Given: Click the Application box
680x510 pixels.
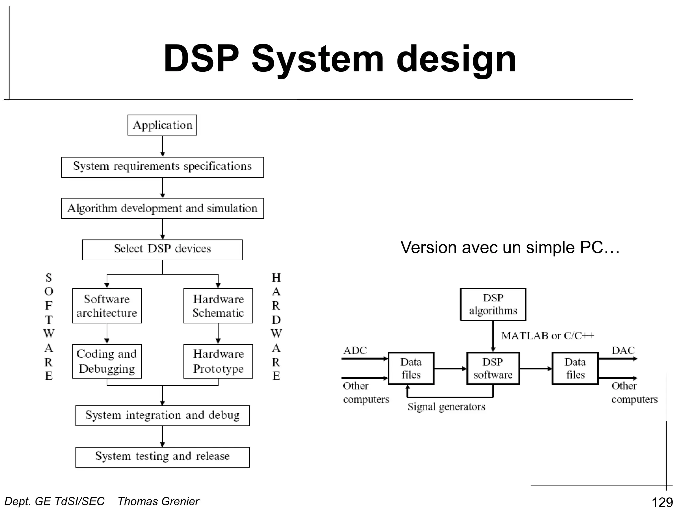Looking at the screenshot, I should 162,125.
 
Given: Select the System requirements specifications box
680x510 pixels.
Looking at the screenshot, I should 162,167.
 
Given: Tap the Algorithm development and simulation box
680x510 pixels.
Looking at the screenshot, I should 162,208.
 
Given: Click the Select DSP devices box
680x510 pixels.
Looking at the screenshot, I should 162,249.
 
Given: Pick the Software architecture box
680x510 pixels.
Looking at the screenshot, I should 107,305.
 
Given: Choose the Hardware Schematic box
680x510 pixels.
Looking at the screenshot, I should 218,305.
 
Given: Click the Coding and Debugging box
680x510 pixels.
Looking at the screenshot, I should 107,361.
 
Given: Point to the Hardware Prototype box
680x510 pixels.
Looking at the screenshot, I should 218,361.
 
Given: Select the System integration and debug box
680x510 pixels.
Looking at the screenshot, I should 162,415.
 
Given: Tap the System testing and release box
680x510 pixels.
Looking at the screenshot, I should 162,457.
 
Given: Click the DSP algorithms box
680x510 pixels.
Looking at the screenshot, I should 493,304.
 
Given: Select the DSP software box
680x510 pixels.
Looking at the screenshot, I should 493,368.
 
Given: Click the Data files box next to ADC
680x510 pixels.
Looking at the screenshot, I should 411,368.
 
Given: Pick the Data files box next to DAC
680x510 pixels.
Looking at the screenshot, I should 575,368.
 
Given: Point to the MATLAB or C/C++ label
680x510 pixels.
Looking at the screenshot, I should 547,336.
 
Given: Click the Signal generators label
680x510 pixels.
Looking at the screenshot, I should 446,407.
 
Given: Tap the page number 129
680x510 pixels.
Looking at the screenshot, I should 662,502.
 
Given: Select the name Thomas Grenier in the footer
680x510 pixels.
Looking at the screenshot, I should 158,501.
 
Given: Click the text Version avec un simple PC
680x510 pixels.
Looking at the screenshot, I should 510,247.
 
